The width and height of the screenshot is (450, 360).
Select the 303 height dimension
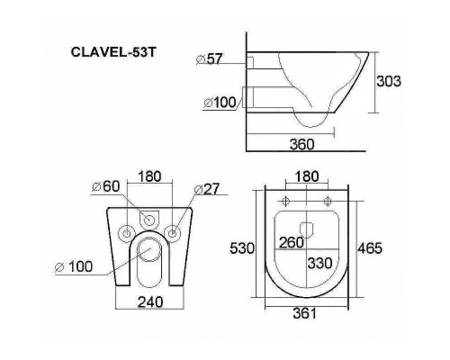388,81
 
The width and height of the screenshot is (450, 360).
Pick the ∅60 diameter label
106,186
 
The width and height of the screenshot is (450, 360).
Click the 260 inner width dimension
290,241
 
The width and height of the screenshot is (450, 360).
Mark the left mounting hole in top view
287,200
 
